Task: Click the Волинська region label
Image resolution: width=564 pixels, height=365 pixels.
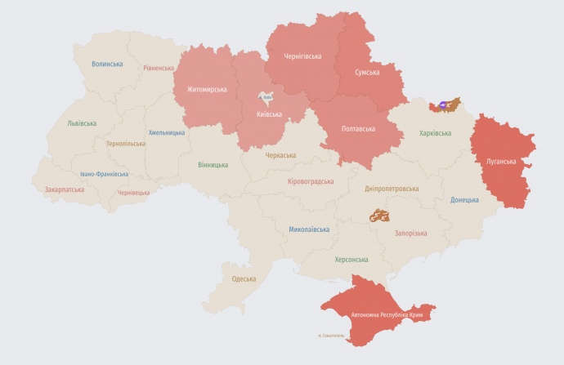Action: coord(107,64)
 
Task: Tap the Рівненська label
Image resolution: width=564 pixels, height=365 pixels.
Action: coord(158,69)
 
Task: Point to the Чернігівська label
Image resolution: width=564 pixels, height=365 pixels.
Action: coord(302,56)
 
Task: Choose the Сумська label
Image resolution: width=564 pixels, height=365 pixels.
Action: coord(367,73)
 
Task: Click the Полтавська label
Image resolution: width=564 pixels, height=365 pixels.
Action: coord(358,129)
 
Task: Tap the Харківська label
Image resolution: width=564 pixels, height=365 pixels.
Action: coord(435,133)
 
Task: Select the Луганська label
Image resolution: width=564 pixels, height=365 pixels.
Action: coord(502,162)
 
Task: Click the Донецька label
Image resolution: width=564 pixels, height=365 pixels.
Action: coord(465,199)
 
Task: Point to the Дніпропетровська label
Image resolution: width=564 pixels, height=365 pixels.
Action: coord(392,188)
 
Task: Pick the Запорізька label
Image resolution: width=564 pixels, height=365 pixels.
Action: coord(410,233)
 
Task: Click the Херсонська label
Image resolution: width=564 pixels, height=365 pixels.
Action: coord(351,260)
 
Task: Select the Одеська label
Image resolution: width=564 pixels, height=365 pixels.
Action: coord(244,278)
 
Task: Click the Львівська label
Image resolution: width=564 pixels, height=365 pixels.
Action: coord(83,124)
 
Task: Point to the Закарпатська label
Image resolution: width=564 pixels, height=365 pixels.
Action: coord(65,189)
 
